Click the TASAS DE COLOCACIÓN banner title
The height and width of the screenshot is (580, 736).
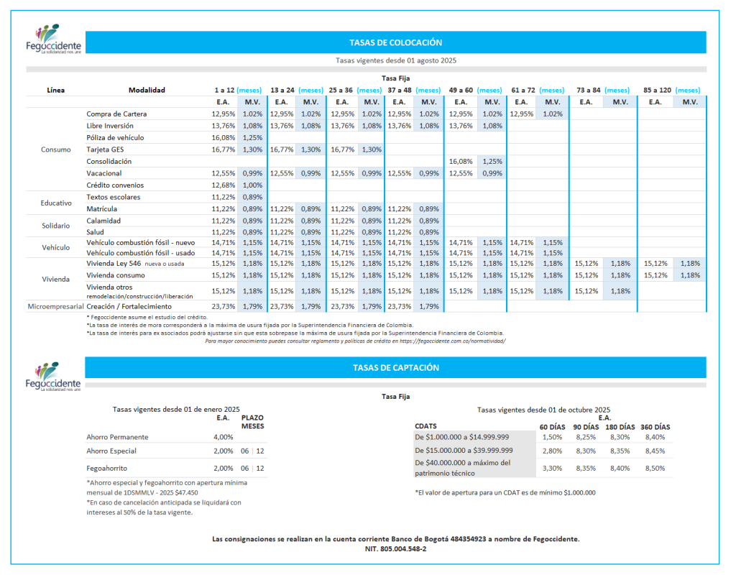pyautogui.click(x=395, y=42)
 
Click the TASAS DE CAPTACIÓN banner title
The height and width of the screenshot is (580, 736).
pyautogui.click(x=395, y=367)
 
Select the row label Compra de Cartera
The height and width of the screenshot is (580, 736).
pyautogui.click(x=116, y=114)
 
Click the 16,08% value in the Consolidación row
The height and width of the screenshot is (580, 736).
pyautogui.click(x=461, y=162)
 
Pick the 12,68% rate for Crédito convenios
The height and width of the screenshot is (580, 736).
pyautogui.click(x=224, y=185)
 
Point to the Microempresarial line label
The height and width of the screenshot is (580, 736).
pyautogui.click(x=55, y=306)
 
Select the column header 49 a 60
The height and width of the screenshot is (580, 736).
pyautogui.click(x=461, y=90)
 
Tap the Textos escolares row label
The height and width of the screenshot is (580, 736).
pyautogui.click(x=114, y=197)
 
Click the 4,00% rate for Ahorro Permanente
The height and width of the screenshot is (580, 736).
pyautogui.click(x=224, y=437)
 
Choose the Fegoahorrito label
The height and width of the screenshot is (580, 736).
pyautogui.click(x=107, y=468)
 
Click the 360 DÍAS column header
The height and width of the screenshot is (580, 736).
pyautogui.click(x=655, y=426)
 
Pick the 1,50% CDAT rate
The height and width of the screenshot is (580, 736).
pyautogui.click(x=552, y=437)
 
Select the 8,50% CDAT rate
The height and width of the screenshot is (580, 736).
pyautogui.click(x=655, y=468)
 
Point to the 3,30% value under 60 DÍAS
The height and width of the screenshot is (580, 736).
pyautogui.click(x=552, y=468)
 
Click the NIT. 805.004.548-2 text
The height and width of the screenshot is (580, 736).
pyautogui.click(x=395, y=548)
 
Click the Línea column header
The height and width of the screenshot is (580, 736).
pyautogui.click(x=55, y=90)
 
